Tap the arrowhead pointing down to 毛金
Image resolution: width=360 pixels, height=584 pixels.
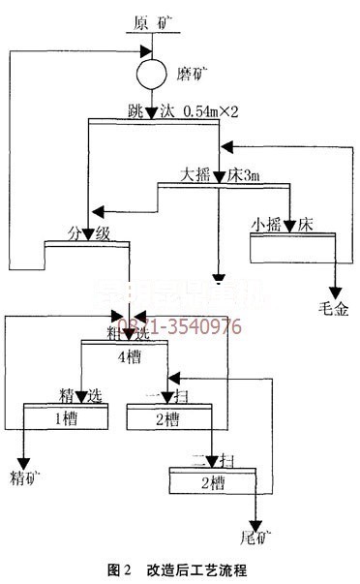click(335, 291)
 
